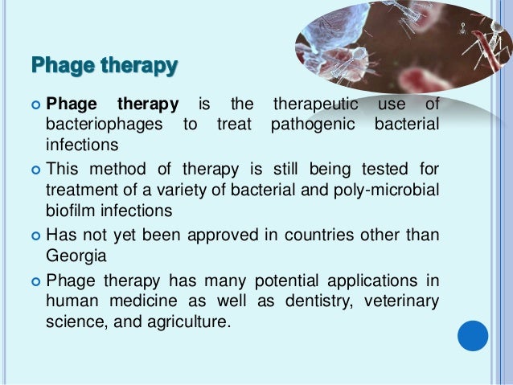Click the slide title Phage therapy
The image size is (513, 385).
(104, 63)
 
